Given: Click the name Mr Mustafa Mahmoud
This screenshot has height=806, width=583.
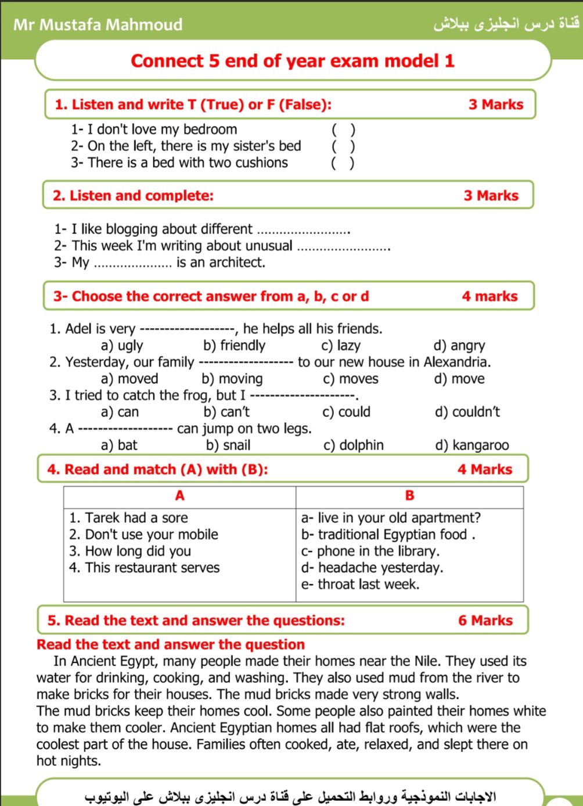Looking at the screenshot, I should pos(98,24).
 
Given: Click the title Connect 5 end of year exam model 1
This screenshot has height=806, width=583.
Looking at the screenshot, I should pos(293,61).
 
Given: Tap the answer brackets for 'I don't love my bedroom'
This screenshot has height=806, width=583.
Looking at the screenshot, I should pos(343,129).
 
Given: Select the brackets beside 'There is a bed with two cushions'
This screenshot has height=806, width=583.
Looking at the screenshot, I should pos(343,163).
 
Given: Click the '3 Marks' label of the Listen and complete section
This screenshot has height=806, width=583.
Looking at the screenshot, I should pos(491,196).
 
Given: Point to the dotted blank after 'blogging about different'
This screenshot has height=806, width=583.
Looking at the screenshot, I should pos(303,231).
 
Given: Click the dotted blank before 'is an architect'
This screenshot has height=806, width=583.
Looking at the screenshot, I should pos(132,264).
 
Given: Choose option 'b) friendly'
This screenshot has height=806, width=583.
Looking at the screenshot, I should pos(234,346).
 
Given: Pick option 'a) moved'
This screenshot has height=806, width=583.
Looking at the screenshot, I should pos(129,379).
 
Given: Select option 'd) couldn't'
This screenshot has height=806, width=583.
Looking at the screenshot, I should pos(467,412).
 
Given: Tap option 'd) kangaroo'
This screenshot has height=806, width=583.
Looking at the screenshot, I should pos(472,445).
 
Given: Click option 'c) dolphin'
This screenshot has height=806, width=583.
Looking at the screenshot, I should pos(353,445).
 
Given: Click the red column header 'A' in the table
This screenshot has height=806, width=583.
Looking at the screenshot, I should pos(179,496).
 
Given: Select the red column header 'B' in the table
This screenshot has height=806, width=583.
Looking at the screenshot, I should pos(409,496).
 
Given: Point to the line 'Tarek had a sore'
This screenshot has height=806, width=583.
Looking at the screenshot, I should pos(129,517).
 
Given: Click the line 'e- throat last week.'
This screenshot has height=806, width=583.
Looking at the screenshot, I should pos(360,584).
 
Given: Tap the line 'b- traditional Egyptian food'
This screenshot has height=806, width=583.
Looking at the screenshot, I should pos(388,534).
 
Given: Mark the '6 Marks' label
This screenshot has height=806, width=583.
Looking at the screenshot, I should pos(485,620).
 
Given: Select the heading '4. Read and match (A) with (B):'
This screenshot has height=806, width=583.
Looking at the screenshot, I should pos(158,469).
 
